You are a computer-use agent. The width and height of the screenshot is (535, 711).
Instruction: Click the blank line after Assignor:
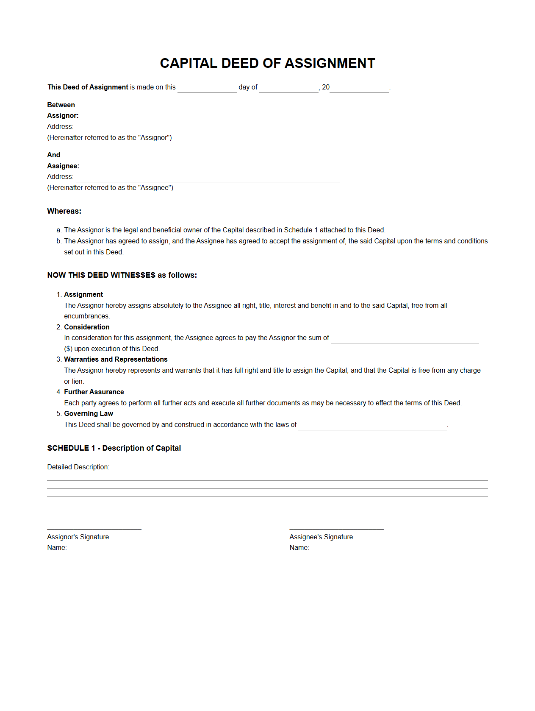pos(213,117)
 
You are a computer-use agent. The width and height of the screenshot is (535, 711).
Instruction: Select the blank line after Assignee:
pos(213,167)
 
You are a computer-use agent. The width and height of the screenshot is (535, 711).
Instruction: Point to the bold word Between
pos(61,105)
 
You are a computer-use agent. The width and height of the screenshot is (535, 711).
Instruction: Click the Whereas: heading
pos(64,211)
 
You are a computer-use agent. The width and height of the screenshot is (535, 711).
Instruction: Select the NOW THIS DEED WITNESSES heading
pos(122,275)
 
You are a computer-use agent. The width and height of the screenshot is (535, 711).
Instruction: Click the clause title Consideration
pos(87,327)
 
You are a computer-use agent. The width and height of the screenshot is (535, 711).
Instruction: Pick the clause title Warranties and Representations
pos(116,359)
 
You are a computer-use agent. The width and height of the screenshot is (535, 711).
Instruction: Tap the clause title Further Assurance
pos(94,392)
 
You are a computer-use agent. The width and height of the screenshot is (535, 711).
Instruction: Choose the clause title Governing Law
pos(89,413)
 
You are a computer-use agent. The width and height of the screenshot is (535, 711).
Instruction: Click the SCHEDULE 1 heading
pos(114,448)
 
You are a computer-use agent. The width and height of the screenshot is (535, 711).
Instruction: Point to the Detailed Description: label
pos(78,467)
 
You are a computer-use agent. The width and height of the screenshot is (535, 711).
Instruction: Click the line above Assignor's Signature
pos(94,529)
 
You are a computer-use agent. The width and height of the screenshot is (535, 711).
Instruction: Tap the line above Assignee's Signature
pos(336,529)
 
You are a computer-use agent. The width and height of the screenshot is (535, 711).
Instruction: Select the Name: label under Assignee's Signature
pos(299,547)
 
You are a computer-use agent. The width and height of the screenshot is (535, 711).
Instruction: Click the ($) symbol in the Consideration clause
pos(68,349)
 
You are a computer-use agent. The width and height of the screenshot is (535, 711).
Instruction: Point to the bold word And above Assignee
pos(54,155)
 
